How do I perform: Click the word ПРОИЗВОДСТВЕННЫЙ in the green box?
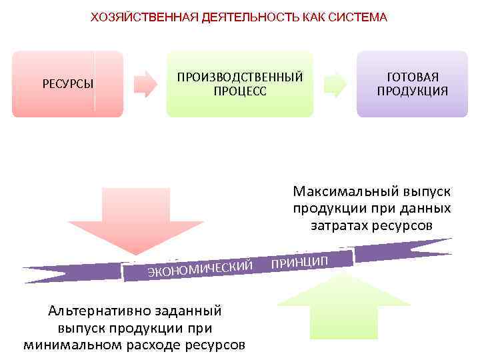point(239,77)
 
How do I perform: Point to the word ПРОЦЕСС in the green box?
point(239,91)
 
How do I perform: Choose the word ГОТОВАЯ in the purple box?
point(412,77)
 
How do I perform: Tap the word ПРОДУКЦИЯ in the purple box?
point(412,91)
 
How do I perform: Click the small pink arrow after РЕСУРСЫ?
point(145,85)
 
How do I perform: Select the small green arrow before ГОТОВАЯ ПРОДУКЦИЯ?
point(335,85)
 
